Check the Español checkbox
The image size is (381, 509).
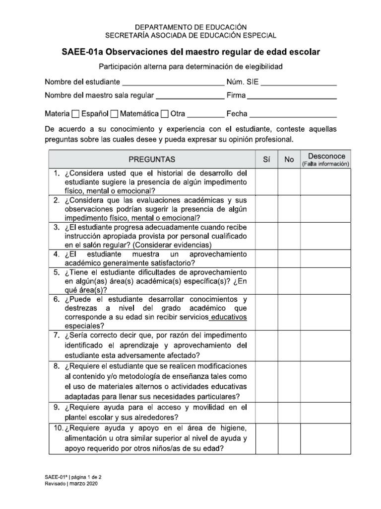click(x=75, y=114)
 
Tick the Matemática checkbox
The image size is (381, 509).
click(x=114, y=114)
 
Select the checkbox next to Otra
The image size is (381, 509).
click(x=165, y=114)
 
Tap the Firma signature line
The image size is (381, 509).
click(x=295, y=95)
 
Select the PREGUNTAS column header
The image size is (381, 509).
click(x=152, y=160)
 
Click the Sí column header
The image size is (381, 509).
click(x=266, y=160)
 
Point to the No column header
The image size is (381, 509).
click(x=289, y=160)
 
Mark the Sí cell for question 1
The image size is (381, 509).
click(x=266, y=182)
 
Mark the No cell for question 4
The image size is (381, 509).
click(x=289, y=258)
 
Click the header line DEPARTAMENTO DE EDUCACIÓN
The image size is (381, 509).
click(x=190, y=27)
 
